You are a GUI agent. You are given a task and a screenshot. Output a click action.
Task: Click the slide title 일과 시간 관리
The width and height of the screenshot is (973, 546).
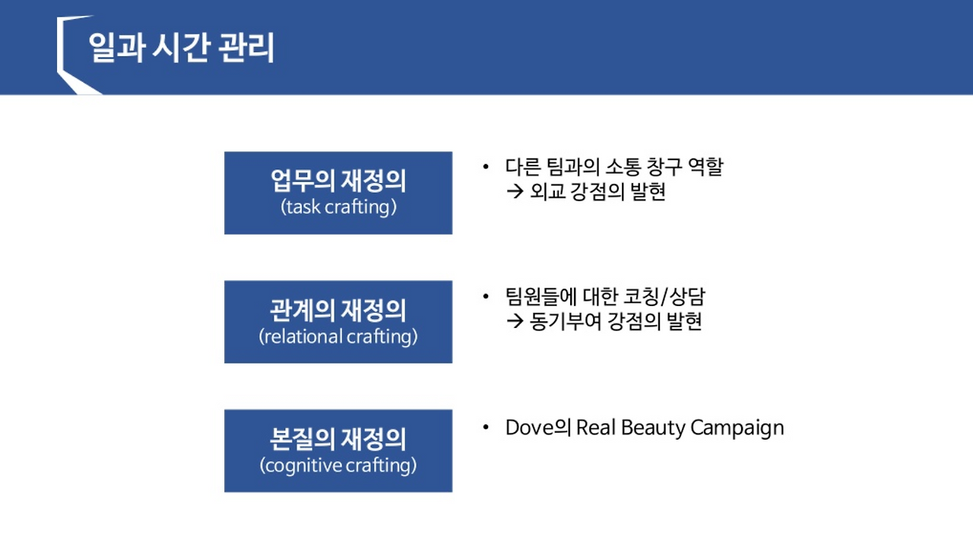[181, 48]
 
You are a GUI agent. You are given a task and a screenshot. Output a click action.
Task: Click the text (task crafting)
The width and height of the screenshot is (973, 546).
[338, 207]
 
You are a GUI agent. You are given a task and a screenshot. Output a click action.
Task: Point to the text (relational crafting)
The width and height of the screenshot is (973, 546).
[338, 336]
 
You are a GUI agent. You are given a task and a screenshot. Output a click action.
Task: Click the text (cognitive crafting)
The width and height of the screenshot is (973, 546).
[338, 465]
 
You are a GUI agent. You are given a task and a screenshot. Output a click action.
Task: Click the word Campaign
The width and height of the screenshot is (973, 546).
[737, 428]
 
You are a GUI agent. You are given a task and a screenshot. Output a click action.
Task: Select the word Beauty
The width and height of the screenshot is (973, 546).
[652, 428]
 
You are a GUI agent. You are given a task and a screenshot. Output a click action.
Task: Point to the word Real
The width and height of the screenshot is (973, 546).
[596, 428]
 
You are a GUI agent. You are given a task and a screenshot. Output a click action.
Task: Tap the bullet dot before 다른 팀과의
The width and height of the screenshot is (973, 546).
[486, 166]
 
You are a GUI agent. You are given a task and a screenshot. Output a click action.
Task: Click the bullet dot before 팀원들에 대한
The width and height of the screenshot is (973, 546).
[486, 295]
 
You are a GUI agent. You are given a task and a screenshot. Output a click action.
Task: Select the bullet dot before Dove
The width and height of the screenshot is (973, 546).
[486, 428]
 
